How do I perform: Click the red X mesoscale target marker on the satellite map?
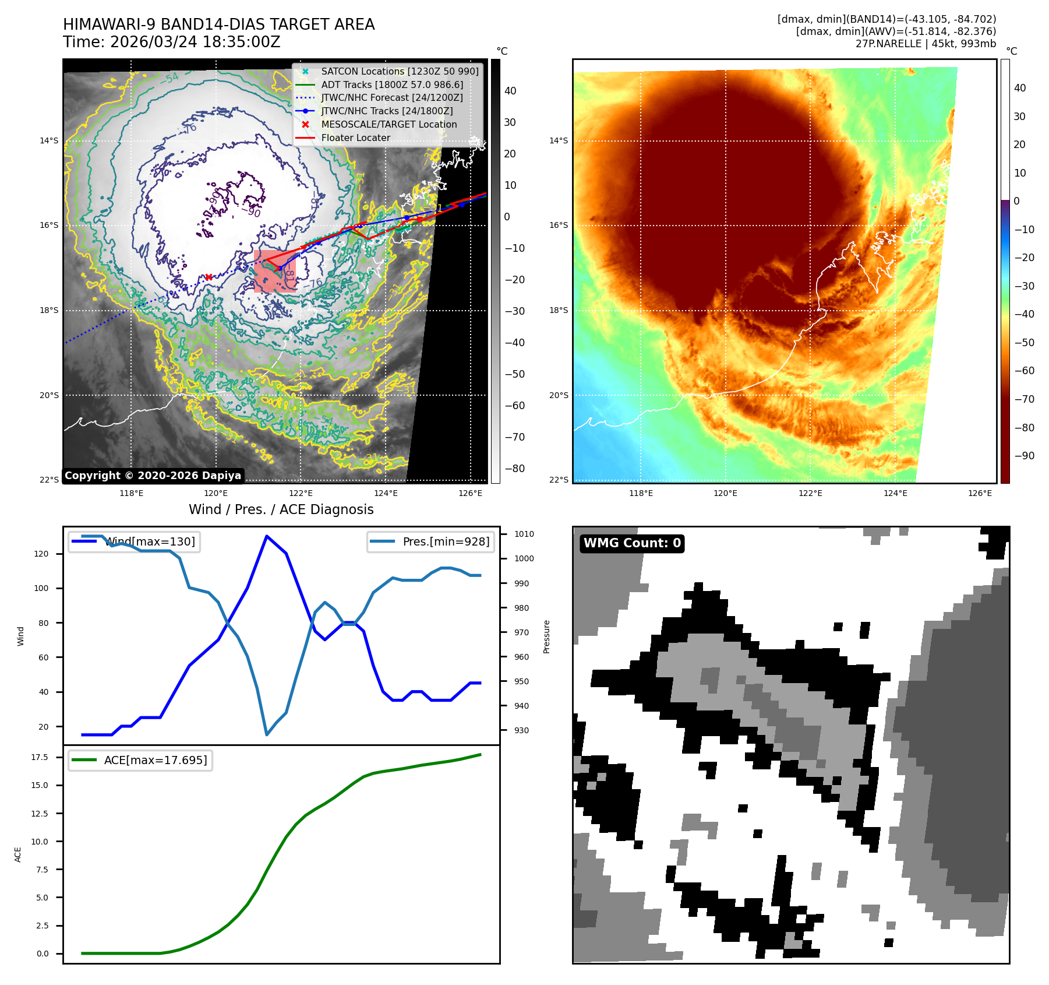click(209, 277)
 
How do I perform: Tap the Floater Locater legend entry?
click(355, 138)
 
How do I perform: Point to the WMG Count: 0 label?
click(632, 543)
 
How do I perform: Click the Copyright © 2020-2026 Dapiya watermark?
click(153, 476)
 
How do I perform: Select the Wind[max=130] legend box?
click(134, 541)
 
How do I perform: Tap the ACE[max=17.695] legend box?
click(140, 760)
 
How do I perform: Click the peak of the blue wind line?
click(267, 536)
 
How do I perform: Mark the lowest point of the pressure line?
click(267, 734)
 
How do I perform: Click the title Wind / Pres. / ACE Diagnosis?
click(281, 509)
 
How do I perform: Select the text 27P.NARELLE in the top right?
click(888, 44)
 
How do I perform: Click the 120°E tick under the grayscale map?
click(216, 493)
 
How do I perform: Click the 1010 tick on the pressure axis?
click(524, 534)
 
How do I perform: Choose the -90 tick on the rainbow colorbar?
click(1024, 456)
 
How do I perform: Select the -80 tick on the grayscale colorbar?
click(514, 469)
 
